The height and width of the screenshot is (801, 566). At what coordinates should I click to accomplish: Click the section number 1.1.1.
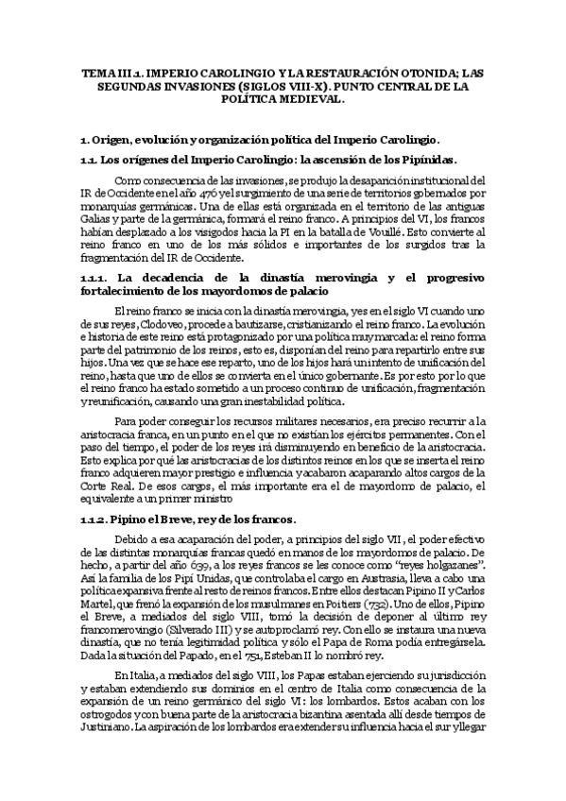pyautogui.click(x=97, y=278)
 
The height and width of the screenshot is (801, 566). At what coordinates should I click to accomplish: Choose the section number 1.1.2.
pyautogui.click(x=97, y=520)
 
